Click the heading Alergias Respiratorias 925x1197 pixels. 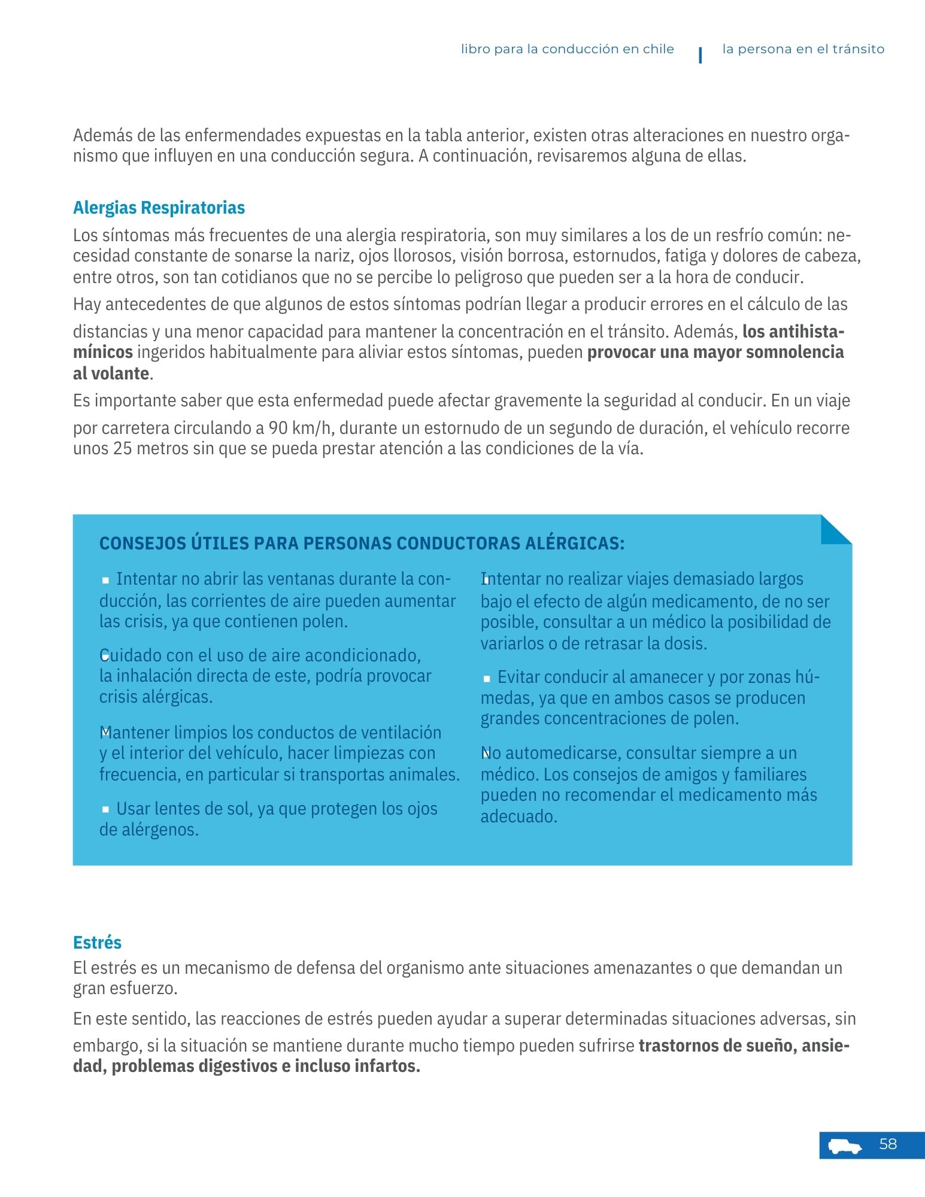pyautogui.click(x=159, y=208)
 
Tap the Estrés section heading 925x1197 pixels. pyautogui.click(x=97, y=942)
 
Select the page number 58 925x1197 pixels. pyautogui.click(x=888, y=1144)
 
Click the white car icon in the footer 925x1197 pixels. pyautogui.click(x=845, y=1146)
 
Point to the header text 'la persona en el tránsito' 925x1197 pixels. pyautogui.click(x=803, y=49)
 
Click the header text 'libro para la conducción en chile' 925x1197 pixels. pyautogui.click(x=567, y=49)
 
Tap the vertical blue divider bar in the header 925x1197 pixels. pyautogui.click(x=700, y=54)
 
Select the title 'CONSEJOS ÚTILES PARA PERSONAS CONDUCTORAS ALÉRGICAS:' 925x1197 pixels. pyautogui.click(x=362, y=543)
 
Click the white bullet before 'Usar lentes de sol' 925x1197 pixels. pyautogui.click(x=105, y=809)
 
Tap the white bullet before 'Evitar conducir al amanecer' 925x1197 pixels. pyautogui.click(x=487, y=678)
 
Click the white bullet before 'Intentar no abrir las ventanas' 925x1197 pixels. pyautogui.click(x=105, y=580)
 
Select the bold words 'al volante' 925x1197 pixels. pyautogui.click(x=111, y=373)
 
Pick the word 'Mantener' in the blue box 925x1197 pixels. pyautogui.click(x=133, y=733)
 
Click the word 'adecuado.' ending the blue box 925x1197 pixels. pyautogui.click(x=518, y=816)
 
